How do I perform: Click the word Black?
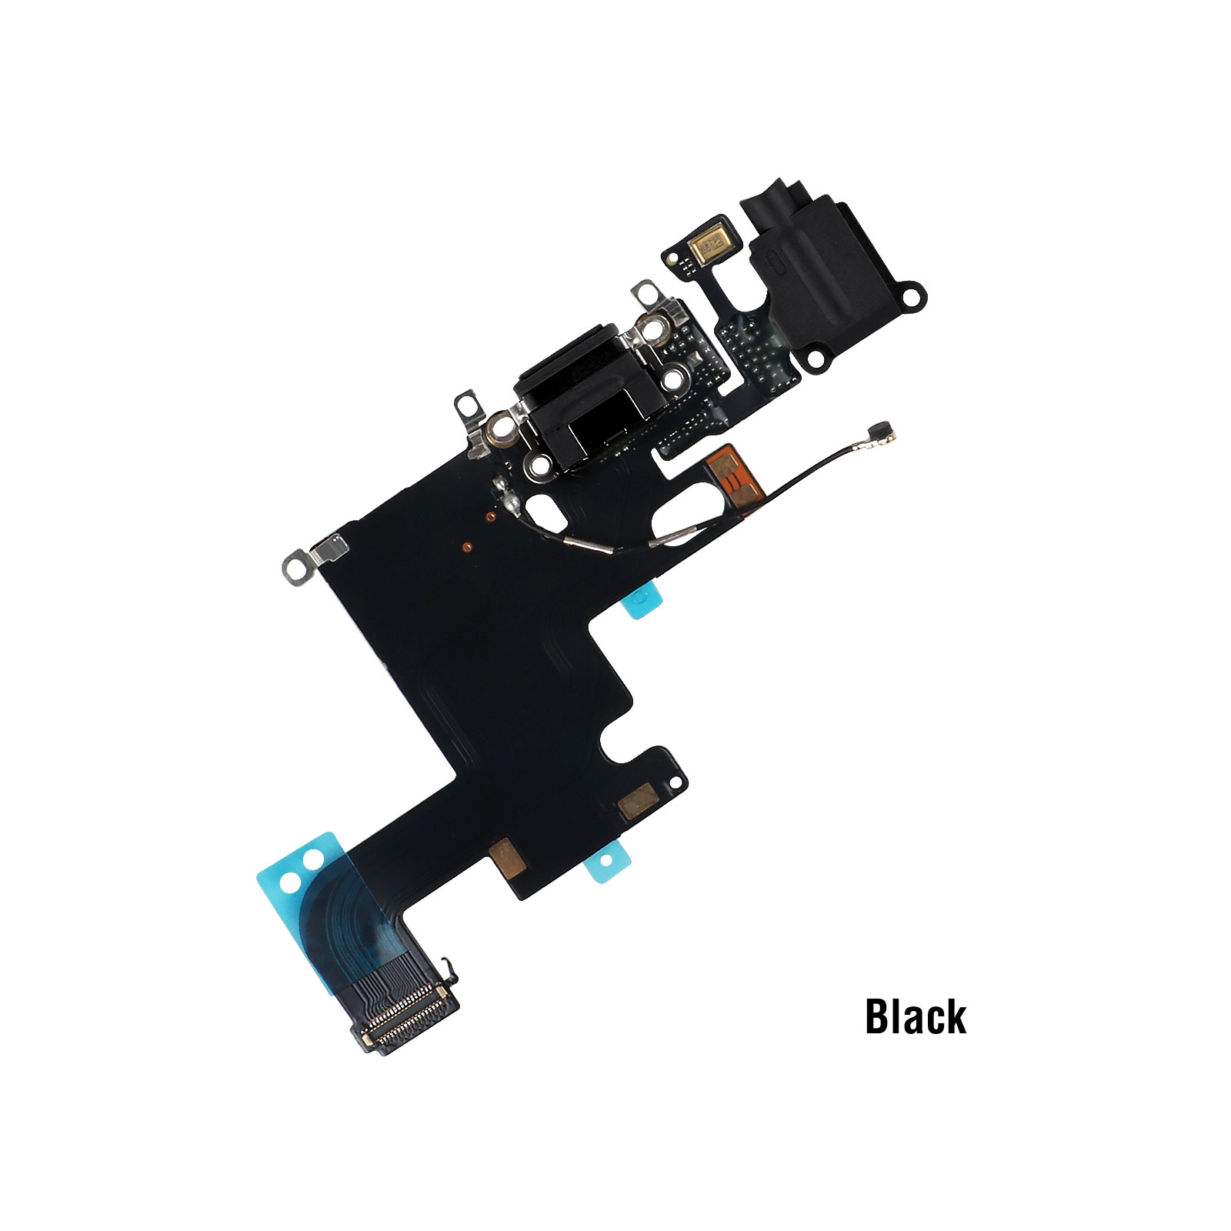[x=916, y=1016]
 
